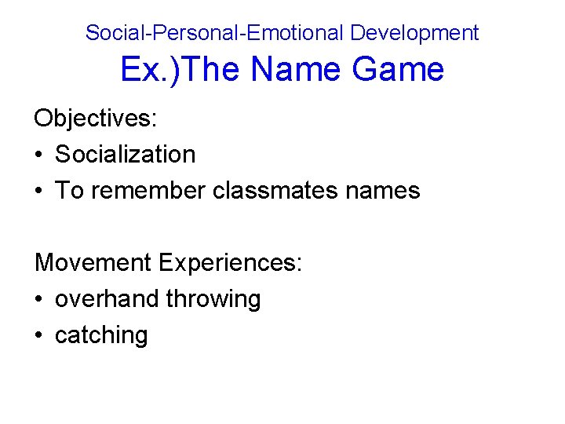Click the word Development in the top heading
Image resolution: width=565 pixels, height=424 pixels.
(x=414, y=33)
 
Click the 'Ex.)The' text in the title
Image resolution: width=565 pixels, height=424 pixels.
(x=182, y=70)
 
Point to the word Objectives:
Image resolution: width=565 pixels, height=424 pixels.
(x=96, y=119)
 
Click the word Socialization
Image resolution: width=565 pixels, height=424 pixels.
(x=126, y=155)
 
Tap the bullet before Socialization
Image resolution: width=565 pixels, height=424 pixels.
(x=38, y=155)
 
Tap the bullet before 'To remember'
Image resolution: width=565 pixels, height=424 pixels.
(x=38, y=192)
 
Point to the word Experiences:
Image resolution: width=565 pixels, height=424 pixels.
(x=230, y=263)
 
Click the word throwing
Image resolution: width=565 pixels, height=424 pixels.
(x=213, y=300)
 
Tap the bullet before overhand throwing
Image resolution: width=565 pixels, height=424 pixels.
(x=38, y=300)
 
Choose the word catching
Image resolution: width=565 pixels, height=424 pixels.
(x=101, y=336)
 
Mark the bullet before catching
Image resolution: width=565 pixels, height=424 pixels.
(x=38, y=336)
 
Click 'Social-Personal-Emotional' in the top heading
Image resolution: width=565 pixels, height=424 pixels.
(x=214, y=33)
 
